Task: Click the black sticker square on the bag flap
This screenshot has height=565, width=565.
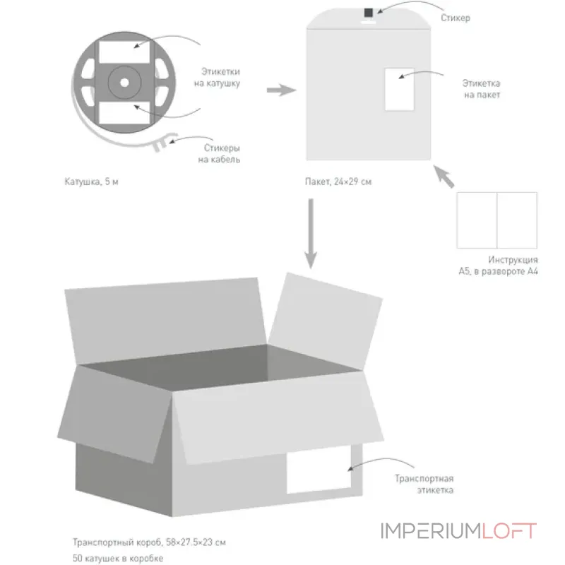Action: [x=368, y=13]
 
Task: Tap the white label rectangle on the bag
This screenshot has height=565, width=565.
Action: [x=399, y=90]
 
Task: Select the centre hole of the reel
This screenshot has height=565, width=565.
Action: [x=124, y=83]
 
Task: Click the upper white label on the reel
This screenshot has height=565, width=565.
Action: [x=124, y=52]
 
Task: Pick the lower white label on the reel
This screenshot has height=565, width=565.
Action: [x=124, y=113]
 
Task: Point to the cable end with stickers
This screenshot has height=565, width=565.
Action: [x=162, y=143]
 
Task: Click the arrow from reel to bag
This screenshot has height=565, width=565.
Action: [x=281, y=90]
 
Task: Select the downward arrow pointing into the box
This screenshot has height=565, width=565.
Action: [x=311, y=234]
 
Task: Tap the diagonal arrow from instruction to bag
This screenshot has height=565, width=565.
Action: [x=444, y=176]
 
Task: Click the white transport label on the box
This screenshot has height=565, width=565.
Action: [x=319, y=470]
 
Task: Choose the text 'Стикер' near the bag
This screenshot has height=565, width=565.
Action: [x=456, y=18]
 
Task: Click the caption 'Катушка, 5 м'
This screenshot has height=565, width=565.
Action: [x=92, y=182]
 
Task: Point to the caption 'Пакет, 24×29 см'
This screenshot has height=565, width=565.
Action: [x=338, y=182]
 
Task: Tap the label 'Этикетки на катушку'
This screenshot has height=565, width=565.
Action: [x=218, y=77]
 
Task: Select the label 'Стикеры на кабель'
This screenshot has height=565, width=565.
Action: [x=219, y=153]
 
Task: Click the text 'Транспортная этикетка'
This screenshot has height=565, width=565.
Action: [x=424, y=484]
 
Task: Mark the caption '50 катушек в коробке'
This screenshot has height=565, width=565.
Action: [x=118, y=558]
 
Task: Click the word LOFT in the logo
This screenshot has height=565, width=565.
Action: [x=509, y=531]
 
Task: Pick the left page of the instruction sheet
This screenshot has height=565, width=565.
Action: [x=477, y=220]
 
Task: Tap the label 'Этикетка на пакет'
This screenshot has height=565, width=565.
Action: [x=482, y=89]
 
